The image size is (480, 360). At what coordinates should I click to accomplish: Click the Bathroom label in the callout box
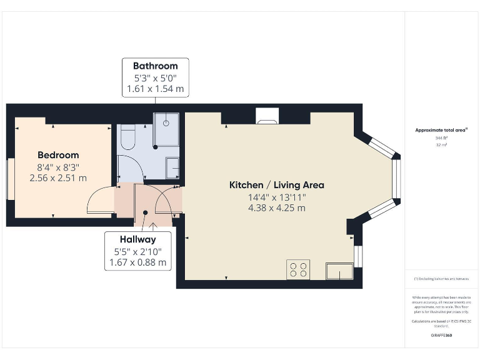click(155, 66)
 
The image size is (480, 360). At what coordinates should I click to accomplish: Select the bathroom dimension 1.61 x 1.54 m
click(155, 89)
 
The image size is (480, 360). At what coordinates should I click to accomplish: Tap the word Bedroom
click(58, 155)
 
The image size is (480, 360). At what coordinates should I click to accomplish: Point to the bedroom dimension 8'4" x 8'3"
click(58, 167)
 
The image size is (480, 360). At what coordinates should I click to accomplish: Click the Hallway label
click(137, 239)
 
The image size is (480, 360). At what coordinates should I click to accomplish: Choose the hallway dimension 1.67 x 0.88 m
click(137, 262)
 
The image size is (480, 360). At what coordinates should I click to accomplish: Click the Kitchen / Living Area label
click(276, 185)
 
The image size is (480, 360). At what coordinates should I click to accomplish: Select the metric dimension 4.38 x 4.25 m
click(276, 208)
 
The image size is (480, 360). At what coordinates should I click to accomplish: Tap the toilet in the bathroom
click(127, 137)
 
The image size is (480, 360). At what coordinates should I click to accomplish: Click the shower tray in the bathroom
click(166, 129)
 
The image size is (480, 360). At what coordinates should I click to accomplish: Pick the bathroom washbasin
click(172, 167)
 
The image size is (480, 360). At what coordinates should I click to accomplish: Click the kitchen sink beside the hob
click(339, 270)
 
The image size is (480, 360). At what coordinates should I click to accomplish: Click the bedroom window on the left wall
click(10, 180)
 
